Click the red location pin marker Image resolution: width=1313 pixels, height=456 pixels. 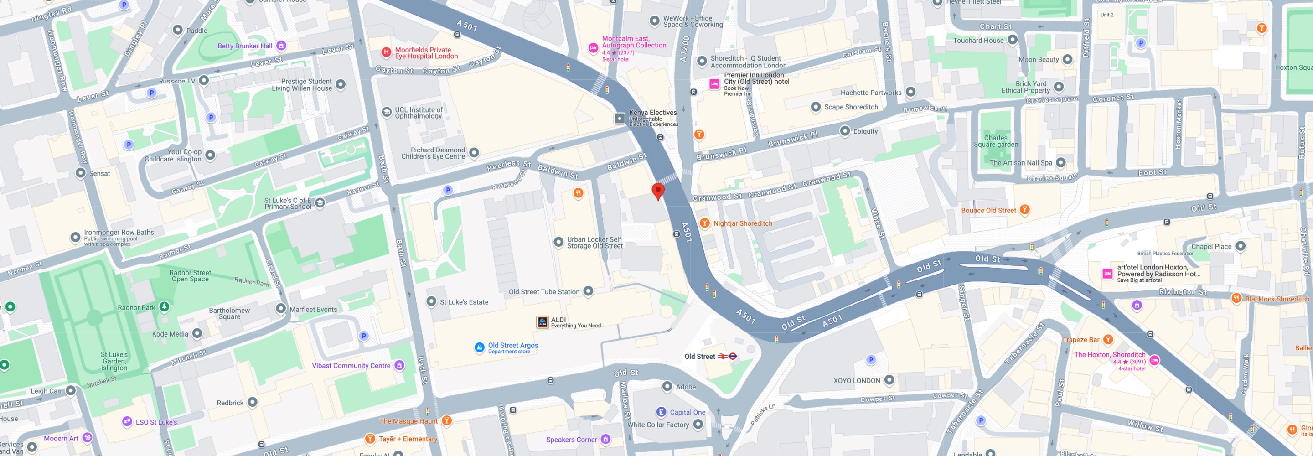click(658, 191)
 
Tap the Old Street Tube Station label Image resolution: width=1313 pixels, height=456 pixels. click(544, 292)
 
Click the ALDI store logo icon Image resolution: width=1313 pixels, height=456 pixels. click(543, 322)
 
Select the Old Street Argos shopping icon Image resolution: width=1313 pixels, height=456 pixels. click(479, 347)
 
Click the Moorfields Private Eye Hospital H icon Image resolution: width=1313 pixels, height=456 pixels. click(386, 52)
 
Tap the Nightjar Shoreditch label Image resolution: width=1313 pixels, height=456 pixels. click(742, 223)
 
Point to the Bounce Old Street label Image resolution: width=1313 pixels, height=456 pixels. click(988, 210)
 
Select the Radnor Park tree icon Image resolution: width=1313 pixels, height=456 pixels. click(164, 306)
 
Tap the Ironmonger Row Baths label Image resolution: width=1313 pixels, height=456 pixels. click(119, 232)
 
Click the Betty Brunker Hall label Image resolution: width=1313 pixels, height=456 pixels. click(245, 46)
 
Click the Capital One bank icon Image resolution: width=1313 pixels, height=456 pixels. click(661, 412)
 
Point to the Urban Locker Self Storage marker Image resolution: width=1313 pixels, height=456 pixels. click(558, 242)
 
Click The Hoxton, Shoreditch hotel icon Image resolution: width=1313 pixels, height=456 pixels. click(1154, 361)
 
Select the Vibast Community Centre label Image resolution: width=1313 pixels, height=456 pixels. click(351, 366)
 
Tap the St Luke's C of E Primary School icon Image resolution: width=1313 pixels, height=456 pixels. click(320, 203)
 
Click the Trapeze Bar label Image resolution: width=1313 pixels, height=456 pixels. click(1080, 340)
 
